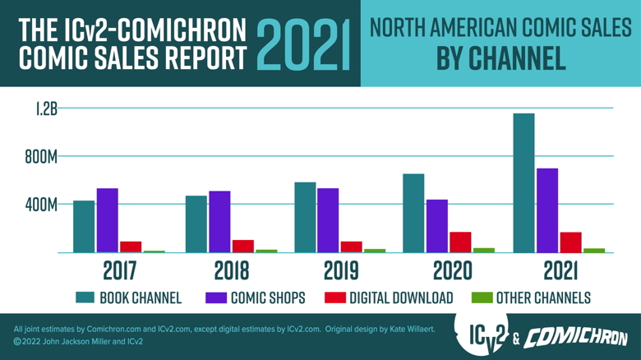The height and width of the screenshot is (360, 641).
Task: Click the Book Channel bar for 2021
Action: tap(523, 182)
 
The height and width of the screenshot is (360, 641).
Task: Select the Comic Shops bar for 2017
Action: tap(107, 220)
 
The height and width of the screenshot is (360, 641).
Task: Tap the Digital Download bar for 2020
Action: tap(459, 242)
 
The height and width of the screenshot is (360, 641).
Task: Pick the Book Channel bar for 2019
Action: tap(306, 217)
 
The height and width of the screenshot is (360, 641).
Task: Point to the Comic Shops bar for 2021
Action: tap(547, 210)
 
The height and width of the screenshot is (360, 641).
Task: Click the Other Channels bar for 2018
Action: tap(265, 251)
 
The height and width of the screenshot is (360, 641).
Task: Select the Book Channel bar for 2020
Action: tap(413, 213)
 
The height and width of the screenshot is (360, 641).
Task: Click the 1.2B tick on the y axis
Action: tap(46, 108)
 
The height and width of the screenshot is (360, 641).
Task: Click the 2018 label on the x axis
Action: tap(232, 270)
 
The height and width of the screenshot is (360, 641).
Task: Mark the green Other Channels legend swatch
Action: tap(482, 298)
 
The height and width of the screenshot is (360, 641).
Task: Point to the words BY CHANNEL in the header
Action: tap(500, 58)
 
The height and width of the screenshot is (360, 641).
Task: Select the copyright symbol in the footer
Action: tap(17, 341)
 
